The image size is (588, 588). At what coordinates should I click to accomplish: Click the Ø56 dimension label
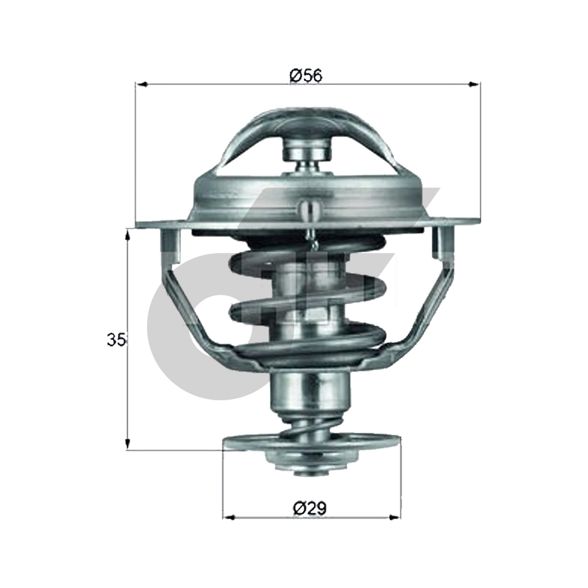306,76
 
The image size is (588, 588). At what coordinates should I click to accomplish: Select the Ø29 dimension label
310,508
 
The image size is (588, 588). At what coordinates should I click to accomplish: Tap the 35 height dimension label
116,340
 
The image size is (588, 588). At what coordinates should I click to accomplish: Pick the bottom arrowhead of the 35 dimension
128,443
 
